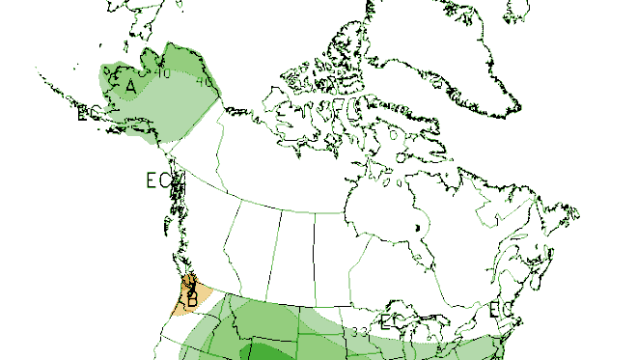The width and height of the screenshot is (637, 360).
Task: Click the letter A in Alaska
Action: [x=130, y=86]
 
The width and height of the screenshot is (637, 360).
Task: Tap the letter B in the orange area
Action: [x=192, y=301]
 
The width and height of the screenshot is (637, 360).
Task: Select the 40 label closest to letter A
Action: [x=162, y=73]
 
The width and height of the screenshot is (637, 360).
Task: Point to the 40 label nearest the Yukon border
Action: [x=204, y=82]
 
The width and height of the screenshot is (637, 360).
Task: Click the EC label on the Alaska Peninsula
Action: [x=84, y=114]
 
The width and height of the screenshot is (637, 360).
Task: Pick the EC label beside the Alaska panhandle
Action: [x=157, y=180]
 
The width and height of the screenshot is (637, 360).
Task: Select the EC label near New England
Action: [x=501, y=310]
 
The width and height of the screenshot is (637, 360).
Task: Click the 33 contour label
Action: [x=359, y=333]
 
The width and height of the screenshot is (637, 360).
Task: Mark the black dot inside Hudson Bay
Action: [x=417, y=228]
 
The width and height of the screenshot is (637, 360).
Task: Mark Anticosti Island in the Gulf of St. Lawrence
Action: [x=527, y=246]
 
